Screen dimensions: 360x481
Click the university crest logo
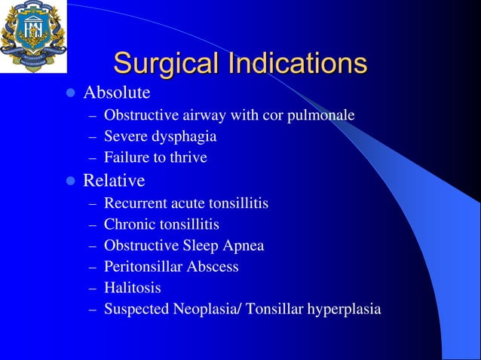(32, 36)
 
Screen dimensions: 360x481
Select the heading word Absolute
(116, 93)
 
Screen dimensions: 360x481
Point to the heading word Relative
(114, 182)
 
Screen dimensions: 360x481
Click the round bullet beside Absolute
(70, 94)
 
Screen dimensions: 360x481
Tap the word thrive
(188, 158)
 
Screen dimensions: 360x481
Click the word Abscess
(213, 267)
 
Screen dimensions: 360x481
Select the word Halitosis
(133, 288)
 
